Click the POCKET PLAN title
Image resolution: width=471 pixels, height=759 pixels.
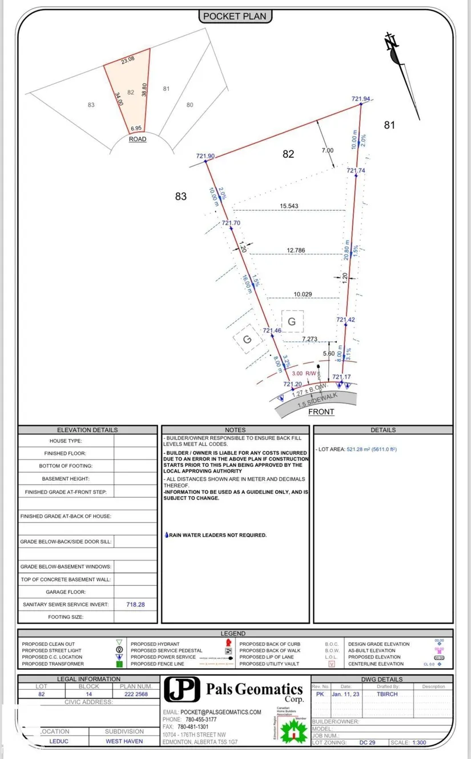point(235,17)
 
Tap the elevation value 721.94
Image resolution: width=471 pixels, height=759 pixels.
point(360,99)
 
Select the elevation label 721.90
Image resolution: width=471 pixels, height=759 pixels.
point(205,156)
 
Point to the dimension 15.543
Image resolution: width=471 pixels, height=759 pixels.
point(289,206)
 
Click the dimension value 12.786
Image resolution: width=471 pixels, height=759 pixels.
point(296,250)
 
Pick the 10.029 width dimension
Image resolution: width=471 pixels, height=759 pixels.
point(303,294)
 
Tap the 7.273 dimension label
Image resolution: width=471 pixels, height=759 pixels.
point(309,339)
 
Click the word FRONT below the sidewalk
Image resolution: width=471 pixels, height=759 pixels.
point(321,412)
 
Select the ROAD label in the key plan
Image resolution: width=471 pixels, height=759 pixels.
point(137,139)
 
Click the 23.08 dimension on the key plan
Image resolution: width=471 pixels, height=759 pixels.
point(128,59)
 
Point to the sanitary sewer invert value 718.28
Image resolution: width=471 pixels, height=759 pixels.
point(135,604)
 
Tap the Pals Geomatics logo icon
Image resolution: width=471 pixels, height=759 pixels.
point(182,689)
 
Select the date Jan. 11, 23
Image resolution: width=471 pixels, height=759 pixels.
point(345,694)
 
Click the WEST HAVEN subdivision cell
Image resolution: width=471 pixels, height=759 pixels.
point(124,741)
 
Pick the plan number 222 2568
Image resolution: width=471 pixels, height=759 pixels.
point(135,694)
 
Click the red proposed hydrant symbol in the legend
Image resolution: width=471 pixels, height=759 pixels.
point(228,644)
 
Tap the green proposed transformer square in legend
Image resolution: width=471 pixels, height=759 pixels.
point(120,664)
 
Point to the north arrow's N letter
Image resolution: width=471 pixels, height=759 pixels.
point(391,41)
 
